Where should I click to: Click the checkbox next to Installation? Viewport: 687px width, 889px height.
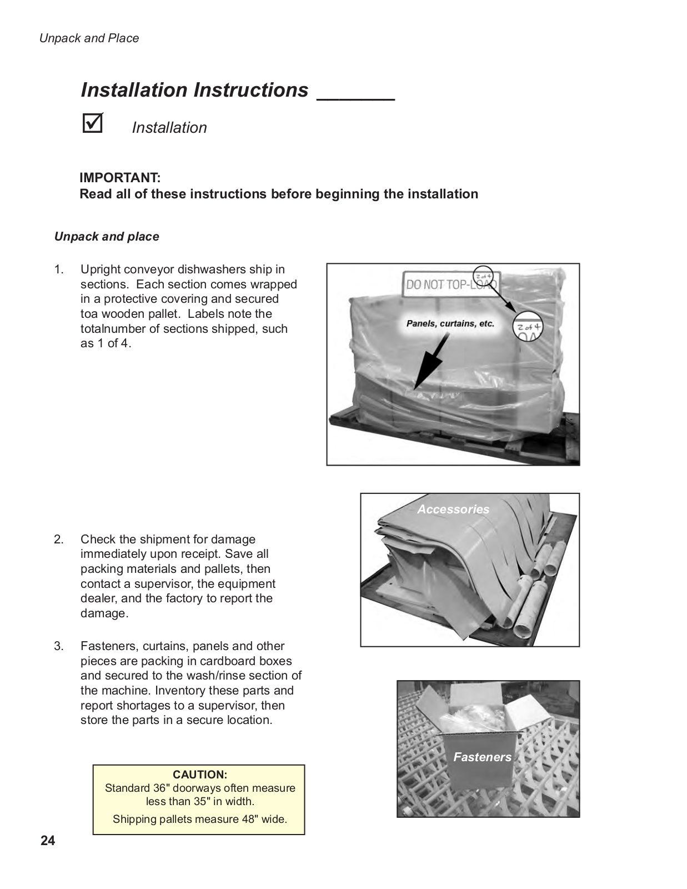tap(92, 123)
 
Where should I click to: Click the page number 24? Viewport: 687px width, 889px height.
tap(48, 841)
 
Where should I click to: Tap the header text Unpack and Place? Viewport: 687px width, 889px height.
tap(89, 38)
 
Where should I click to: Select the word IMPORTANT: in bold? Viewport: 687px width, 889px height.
tap(120, 178)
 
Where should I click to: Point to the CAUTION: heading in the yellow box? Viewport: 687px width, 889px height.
tap(199, 775)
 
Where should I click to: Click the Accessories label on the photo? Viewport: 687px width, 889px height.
tap(453, 509)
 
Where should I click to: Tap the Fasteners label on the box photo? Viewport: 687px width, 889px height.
tap(482, 757)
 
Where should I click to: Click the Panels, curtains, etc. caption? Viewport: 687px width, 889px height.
tap(450, 323)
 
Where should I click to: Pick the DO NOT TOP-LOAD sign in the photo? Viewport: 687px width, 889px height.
tap(451, 285)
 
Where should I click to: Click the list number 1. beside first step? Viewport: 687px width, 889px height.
tap(59, 269)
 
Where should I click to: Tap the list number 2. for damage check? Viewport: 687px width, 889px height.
tap(59, 540)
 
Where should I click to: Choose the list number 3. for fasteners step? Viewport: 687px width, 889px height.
tap(59, 646)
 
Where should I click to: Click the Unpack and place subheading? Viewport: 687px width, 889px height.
tap(107, 237)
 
